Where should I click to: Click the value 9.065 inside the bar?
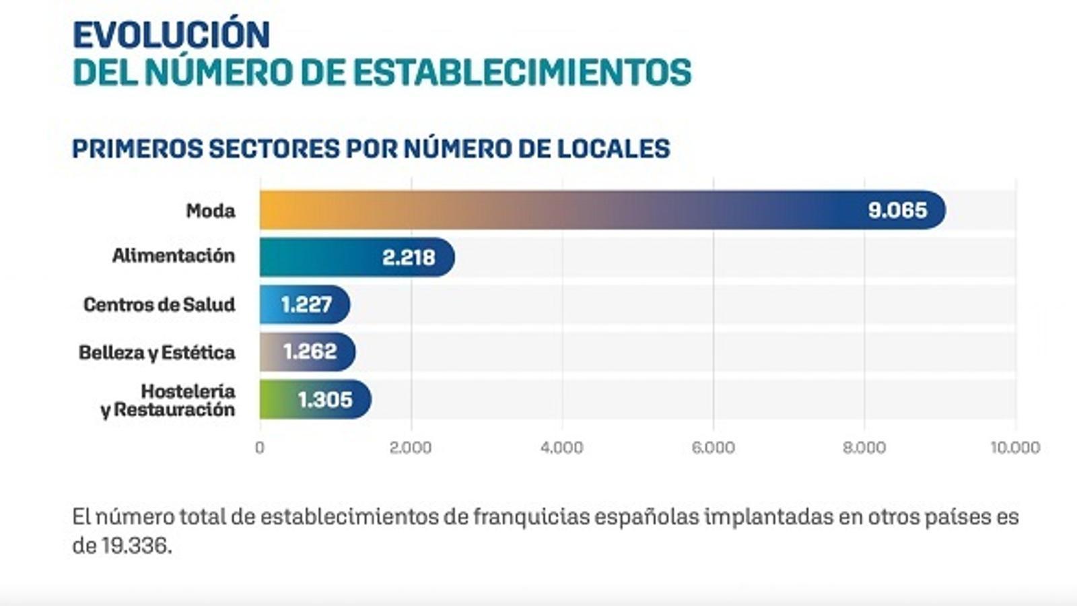[x=897, y=210]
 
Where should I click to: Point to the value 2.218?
[x=409, y=257]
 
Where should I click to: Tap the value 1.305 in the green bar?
[x=325, y=399]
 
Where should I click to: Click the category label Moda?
[x=211, y=211]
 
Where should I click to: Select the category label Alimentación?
[x=174, y=256]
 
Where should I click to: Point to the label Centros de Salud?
[x=160, y=304]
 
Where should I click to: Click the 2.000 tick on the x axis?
[x=411, y=448]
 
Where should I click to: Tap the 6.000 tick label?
[x=713, y=448]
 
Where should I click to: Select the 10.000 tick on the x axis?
[x=1015, y=448]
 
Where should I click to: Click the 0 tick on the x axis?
[x=260, y=448]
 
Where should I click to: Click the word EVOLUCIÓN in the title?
[x=171, y=36]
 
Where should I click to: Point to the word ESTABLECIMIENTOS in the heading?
[x=522, y=73]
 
